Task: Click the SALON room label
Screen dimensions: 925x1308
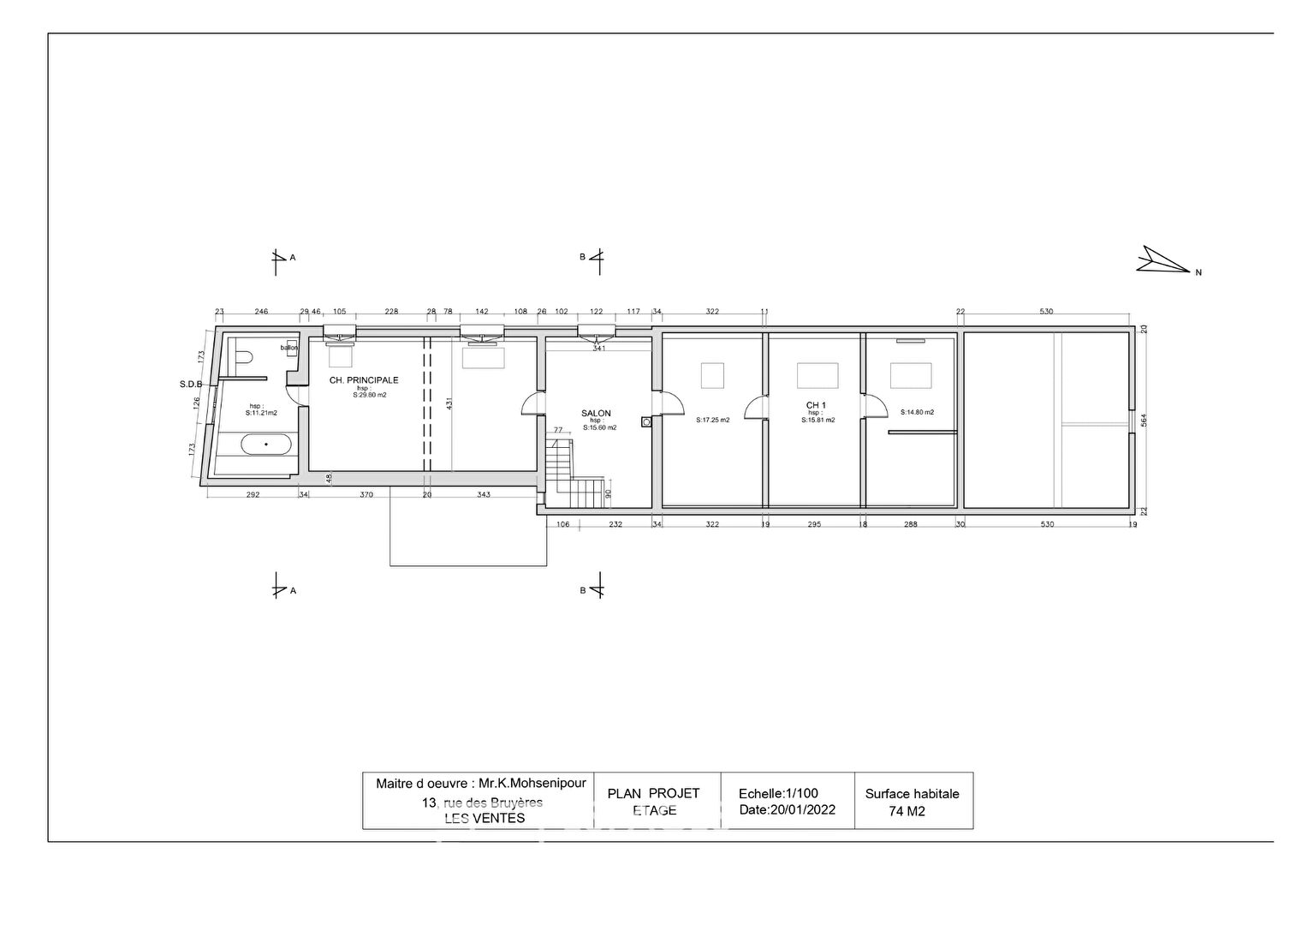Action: click(x=596, y=413)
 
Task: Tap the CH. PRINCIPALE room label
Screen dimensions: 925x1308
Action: click(x=364, y=380)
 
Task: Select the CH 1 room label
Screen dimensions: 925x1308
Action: click(x=816, y=404)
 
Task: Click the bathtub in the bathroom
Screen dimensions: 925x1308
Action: click(x=266, y=445)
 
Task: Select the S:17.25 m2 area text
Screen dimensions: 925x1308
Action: click(x=712, y=421)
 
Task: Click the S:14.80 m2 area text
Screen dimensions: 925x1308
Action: click(x=917, y=412)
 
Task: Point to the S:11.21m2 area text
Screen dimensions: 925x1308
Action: click(x=261, y=413)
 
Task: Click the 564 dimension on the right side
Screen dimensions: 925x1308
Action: click(x=1143, y=420)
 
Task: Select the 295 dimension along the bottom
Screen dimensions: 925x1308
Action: click(x=814, y=524)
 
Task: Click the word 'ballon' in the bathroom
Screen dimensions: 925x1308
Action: click(x=288, y=347)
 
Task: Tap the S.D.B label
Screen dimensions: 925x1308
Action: click(x=190, y=385)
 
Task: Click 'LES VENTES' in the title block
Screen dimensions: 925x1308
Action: click(x=485, y=818)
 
